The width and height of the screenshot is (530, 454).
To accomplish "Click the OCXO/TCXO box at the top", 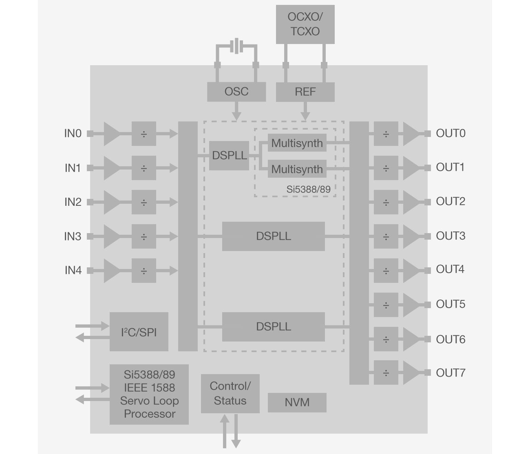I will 305,24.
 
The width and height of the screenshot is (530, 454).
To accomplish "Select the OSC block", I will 236,92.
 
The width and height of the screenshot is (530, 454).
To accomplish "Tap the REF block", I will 305,92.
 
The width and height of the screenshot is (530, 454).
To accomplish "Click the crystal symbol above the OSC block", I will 236,46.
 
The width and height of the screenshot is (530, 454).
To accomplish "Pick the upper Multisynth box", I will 297,143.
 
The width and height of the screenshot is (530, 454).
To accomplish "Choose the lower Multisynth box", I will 297,169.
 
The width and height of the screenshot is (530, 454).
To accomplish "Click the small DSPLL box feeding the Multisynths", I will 230,156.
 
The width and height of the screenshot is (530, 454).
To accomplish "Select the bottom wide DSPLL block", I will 273,326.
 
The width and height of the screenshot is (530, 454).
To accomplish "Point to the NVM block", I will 297,402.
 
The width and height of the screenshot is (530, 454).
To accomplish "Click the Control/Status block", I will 230,393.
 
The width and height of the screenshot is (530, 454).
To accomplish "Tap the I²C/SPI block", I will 139,332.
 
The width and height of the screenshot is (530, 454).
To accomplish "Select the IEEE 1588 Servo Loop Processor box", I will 149,394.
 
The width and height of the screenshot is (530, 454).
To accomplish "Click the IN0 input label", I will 73,134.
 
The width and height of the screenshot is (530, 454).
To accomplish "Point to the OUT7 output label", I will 450,373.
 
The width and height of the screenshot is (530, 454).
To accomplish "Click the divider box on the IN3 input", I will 144,236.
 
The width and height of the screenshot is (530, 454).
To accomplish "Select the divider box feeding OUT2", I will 386,202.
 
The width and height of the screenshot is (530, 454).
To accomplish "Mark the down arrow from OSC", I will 236,110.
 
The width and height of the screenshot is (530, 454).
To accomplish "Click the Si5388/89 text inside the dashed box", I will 308,190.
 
